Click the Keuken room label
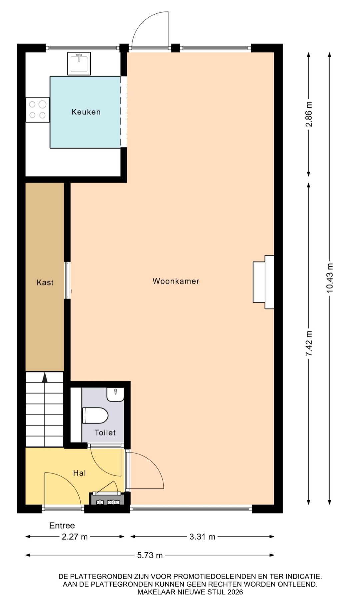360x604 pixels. coord(86,112)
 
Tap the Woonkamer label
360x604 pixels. coord(176,281)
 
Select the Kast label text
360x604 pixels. coord(45,283)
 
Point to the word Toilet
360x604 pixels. coord(105,433)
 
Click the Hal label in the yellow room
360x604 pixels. coord(80,473)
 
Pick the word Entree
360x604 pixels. coord(62,526)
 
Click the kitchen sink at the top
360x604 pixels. coord(79,63)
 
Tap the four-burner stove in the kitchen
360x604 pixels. coord(38,110)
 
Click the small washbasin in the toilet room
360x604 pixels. coord(115,395)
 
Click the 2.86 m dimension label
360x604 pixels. coord(309,114)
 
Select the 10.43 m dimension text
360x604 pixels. coord(330,278)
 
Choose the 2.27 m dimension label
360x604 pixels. coord(75,537)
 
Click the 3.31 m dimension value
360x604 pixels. coord(202,537)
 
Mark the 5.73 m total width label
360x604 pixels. coord(150,555)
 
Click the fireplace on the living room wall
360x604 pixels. coord(263,282)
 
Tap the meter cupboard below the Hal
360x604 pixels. coord(107,499)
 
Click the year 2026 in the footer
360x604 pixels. coord(235,592)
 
